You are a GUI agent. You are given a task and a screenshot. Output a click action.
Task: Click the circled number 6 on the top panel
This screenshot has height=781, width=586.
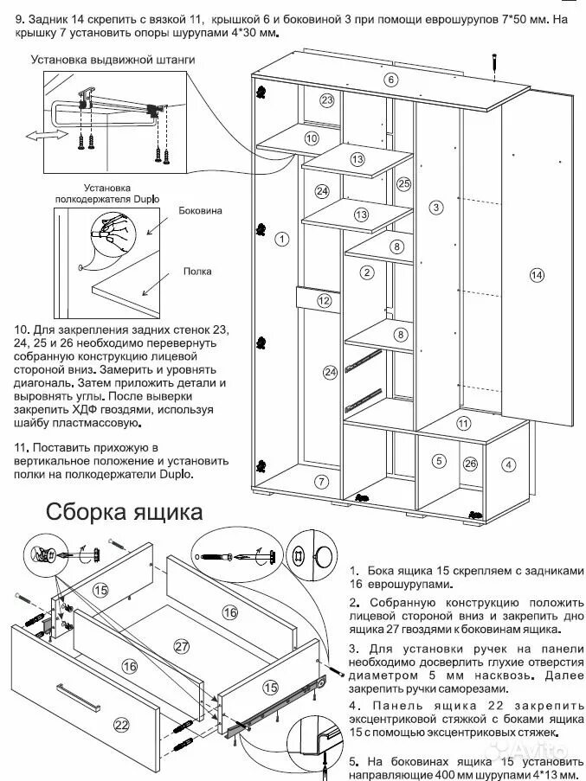pyautogui.click(x=391, y=80)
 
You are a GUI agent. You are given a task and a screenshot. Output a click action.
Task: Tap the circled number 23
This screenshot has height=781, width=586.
pyautogui.click(x=326, y=100)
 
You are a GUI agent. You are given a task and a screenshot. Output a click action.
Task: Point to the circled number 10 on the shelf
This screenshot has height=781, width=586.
pyautogui.click(x=311, y=138)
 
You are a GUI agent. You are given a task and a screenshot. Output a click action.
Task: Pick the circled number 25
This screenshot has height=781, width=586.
pyautogui.click(x=403, y=183)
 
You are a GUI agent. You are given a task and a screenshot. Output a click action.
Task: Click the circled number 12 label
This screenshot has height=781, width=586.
pyautogui.click(x=324, y=301)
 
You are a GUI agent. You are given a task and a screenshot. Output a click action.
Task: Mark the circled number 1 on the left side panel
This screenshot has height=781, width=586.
pyautogui.click(x=280, y=238)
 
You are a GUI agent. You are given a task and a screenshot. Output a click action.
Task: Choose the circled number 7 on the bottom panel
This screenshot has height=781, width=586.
pyautogui.click(x=321, y=481)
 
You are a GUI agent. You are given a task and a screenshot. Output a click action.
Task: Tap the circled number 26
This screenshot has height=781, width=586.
pyautogui.click(x=470, y=464)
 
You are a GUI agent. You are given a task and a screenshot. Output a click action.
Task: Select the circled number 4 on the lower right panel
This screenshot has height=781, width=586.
pyautogui.click(x=509, y=464)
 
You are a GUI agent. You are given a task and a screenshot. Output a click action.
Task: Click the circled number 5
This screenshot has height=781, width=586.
pyautogui.click(x=439, y=460)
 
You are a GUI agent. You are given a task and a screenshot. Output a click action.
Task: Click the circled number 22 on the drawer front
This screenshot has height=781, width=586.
pyautogui.click(x=120, y=724)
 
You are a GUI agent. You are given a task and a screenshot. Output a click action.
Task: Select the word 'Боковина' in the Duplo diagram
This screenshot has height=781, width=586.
pyautogui.click(x=200, y=210)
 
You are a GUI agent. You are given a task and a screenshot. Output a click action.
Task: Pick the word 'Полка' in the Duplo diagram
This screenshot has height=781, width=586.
pyautogui.click(x=196, y=272)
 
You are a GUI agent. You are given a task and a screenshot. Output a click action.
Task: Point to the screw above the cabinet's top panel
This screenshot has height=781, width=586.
pyautogui.click(x=493, y=63)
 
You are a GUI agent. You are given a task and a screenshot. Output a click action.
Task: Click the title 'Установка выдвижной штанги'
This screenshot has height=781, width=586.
pyautogui.click(x=113, y=61)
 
